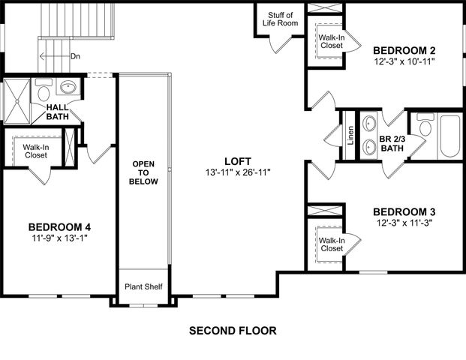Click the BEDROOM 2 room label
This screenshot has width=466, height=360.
(404, 50)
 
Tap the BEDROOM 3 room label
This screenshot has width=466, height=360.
(404, 211)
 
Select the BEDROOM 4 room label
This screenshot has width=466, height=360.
(59, 227)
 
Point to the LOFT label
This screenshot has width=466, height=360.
(237, 161)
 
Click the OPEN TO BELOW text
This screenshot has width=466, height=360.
(144, 172)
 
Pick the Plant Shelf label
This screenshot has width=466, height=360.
(144, 286)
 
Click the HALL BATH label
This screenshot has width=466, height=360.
(58, 112)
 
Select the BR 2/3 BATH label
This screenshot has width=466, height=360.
(391, 143)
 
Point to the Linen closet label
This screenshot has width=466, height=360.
(350, 136)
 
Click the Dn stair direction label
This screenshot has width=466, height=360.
(75, 56)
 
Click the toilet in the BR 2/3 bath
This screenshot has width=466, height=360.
(425, 127)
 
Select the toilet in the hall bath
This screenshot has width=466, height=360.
(44, 93)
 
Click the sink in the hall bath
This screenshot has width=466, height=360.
(68, 87)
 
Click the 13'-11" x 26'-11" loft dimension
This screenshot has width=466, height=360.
(237, 172)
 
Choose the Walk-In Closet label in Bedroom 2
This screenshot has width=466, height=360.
(331, 41)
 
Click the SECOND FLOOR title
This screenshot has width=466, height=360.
(233, 330)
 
